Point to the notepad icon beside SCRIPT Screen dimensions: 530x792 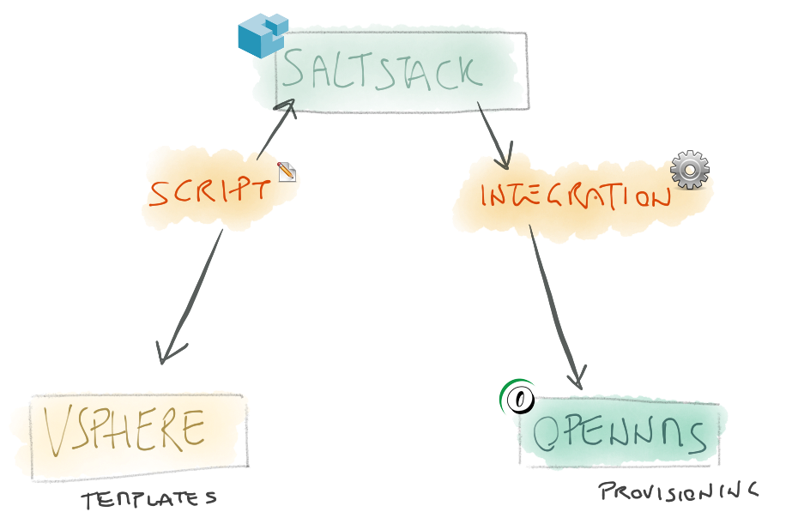click(287, 172)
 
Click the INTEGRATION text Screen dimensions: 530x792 click(575, 196)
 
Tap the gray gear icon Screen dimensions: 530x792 click(690, 170)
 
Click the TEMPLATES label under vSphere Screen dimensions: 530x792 click(149, 499)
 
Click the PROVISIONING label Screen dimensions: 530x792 click(679, 491)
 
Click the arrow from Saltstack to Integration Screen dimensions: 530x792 click(496, 137)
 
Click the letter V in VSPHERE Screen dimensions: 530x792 click(58, 433)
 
